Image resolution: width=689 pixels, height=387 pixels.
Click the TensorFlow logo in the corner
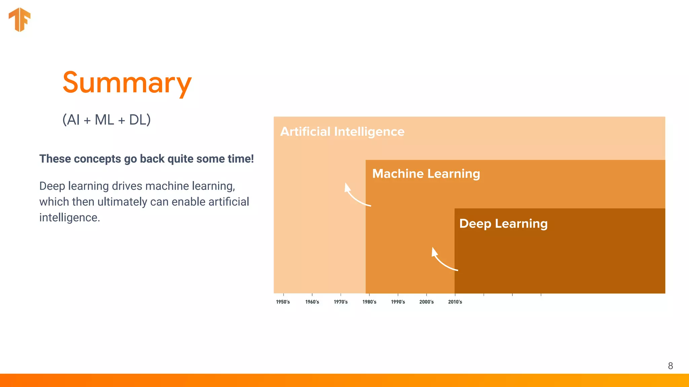[x=20, y=19]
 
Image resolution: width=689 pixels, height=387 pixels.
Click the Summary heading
[x=127, y=83]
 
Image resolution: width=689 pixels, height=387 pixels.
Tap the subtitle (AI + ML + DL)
[x=106, y=120]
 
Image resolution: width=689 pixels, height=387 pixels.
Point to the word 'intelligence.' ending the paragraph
[x=70, y=218]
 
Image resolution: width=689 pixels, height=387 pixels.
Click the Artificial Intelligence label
[x=342, y=132]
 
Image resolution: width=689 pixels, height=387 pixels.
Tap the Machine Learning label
[x=426, y=174]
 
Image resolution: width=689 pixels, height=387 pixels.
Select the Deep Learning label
[x=503, y=224]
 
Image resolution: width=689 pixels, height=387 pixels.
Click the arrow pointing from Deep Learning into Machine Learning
[x=442, y=260]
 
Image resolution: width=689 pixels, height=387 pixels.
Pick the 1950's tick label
[x=283, y=302]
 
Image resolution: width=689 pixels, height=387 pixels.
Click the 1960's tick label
[x=312, y=302]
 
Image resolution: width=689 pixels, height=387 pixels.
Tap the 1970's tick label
[x=341, y=302]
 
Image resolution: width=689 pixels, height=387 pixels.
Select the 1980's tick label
[x=369, y=302]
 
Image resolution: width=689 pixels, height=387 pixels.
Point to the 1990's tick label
[x=398, y=302]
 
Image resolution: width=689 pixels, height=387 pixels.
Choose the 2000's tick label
[x=427, y=302]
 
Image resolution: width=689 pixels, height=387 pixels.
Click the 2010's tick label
[x=455, y=302]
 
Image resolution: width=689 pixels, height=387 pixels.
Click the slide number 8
[x=670, y=366]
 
